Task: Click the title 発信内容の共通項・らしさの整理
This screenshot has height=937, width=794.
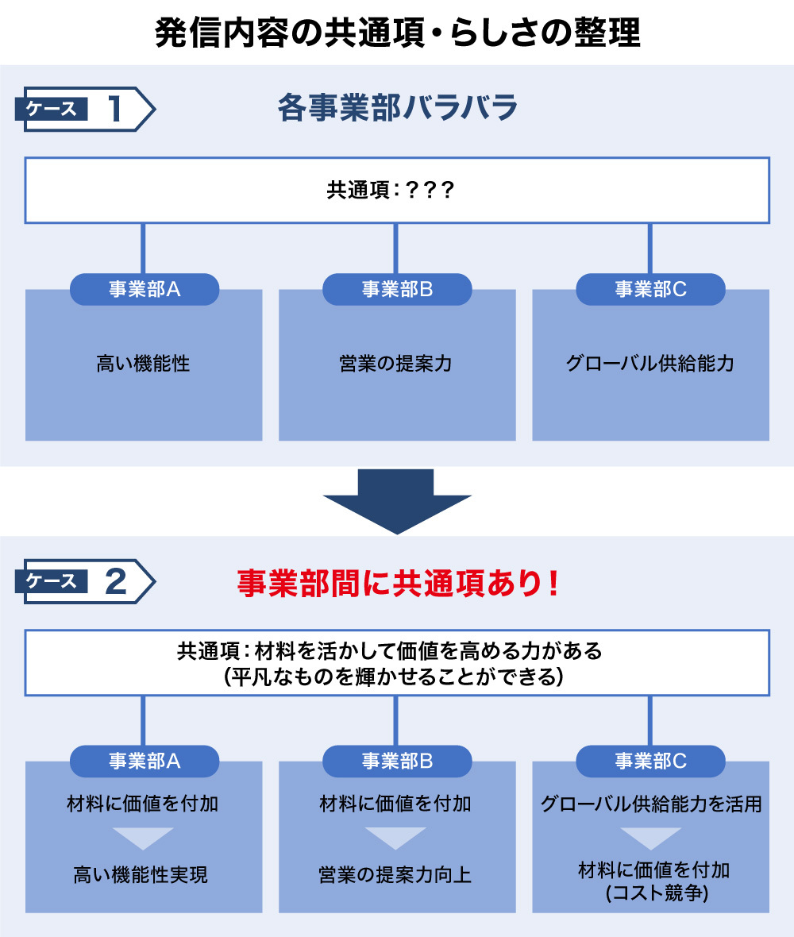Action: [x=397, y=33]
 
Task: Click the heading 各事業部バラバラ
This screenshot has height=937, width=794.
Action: [x=397, y=108]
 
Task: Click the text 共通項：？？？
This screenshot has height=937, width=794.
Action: [x=390, y=190]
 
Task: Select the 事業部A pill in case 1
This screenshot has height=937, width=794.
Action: [x=144, y=289]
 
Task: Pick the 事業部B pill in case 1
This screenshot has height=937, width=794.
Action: [x=397, y=289]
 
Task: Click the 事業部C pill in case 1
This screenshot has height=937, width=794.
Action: [x=650, y=289]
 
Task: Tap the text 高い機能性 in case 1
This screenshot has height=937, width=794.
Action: [x=144, y=364]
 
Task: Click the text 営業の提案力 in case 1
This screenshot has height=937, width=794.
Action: [x=396, y=364]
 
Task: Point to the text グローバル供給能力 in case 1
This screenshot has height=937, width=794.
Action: [x=649, y=364]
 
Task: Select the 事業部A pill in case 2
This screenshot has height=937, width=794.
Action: [x=144, y=761]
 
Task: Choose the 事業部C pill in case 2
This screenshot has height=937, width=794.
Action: [x=650, y=761]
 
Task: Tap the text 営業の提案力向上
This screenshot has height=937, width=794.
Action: [x=395, y=875]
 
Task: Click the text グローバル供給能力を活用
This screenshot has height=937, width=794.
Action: [x=651, y=804]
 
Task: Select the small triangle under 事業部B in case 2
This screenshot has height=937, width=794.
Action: [x=395, y=837]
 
